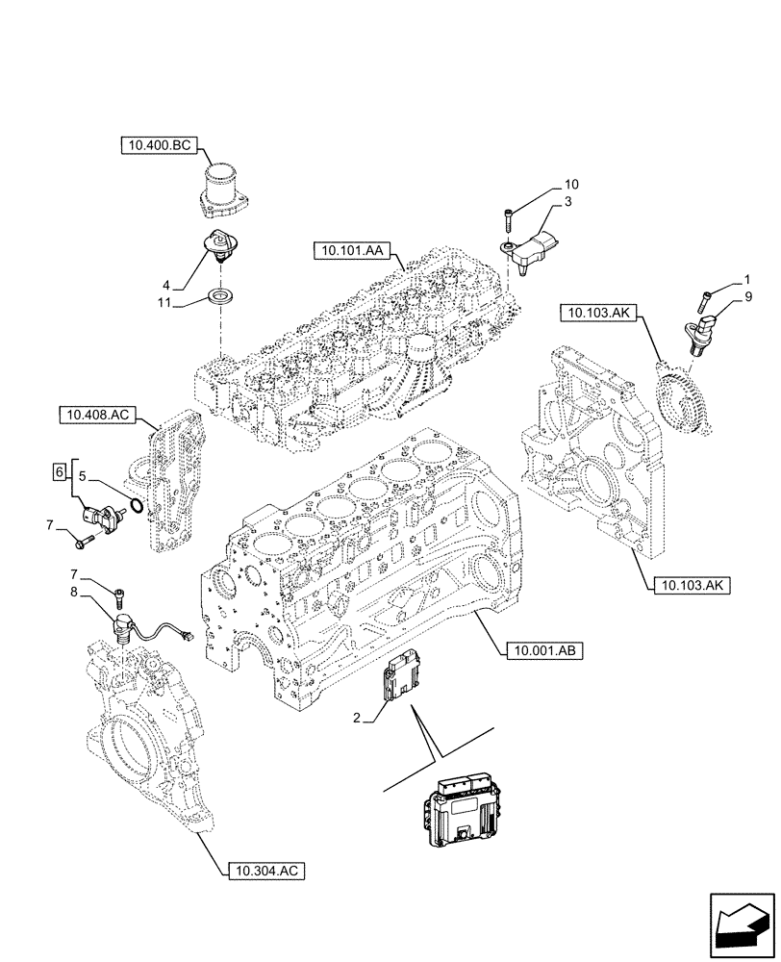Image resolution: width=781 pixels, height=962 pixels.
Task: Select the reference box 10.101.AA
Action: point(348,252)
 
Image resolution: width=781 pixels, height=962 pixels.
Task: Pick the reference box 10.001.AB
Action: point(542,651)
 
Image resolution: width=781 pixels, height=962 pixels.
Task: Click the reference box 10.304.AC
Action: point(267,873)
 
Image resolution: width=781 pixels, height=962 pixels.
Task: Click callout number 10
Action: point(571,183)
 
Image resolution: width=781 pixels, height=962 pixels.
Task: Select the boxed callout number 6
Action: point(60,471)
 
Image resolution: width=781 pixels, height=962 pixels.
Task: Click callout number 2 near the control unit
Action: point(357,719)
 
